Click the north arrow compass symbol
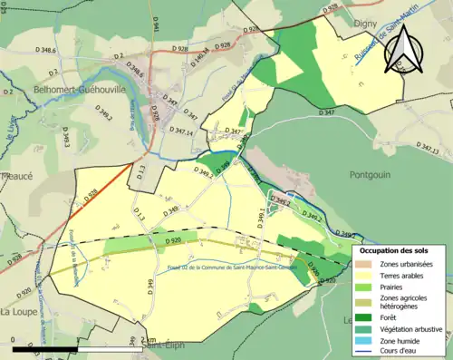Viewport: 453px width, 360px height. [404, 47]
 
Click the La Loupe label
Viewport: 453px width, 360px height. [17, 311]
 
